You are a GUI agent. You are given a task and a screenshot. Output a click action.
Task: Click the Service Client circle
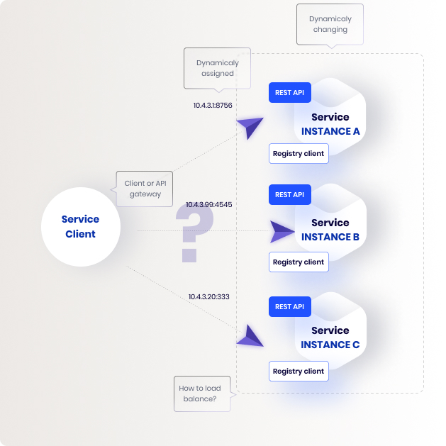(81, 227)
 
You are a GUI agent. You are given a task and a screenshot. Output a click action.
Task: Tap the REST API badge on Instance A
(290, 92)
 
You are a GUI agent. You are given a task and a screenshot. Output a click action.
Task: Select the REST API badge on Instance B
(290, 194)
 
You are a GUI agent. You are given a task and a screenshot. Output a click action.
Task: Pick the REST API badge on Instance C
(290, 306)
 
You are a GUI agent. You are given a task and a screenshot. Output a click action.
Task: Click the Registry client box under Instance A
(299, 154)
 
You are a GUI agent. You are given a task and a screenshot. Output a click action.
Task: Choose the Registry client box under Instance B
(299, 262)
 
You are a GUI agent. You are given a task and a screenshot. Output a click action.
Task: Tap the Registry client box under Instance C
(299, 371)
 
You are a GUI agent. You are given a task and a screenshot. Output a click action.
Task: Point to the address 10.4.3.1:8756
(213, 105)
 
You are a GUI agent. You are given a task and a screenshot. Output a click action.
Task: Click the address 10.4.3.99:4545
(208, 204)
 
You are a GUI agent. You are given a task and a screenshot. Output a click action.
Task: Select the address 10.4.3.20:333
(208, 296)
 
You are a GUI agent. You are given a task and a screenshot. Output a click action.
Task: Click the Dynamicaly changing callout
(330, 24)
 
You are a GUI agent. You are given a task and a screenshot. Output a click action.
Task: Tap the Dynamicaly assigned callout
(217, 68)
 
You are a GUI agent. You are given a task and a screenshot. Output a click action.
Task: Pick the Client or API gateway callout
(145, 189)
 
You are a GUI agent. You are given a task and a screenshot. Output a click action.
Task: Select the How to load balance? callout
(202, 394)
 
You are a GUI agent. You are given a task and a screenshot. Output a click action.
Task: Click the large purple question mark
(194, 233)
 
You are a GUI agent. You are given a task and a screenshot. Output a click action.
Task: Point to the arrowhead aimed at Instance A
(250, 128)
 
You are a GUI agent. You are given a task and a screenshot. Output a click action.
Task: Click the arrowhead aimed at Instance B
(282, 232)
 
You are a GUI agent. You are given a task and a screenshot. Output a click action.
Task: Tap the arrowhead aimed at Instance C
(250, 336)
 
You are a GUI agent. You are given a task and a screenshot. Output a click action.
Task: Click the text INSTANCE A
(330, 131)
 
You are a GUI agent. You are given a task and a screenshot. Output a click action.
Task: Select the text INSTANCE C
(330, 345)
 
